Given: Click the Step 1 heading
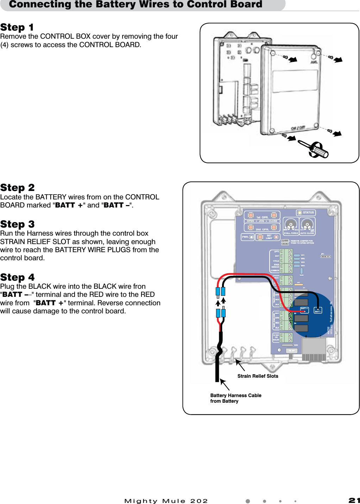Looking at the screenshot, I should tap(17, 27).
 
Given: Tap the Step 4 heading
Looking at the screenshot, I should tap(17, 277).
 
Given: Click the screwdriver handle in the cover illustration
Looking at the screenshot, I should tap(320, 151).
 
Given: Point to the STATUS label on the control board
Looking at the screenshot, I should tap(308, 212).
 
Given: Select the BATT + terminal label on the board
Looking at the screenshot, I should tap(304, 309).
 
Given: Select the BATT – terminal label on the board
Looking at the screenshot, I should tap(318, 311).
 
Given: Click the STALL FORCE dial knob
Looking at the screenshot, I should tap(291, 224).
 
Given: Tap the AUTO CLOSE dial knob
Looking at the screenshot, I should tap(307, 224).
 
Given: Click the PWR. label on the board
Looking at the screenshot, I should tap(245, 237).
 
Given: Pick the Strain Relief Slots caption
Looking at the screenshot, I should tap(258, 376).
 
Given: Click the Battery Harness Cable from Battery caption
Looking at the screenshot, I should tap(235, 398).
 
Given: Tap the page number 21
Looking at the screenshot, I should tap(354, 500).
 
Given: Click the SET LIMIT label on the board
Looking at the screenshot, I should tap(269, 237).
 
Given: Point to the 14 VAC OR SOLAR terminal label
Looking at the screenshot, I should tap(276, 338).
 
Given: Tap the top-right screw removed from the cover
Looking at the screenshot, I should tap(331, 57).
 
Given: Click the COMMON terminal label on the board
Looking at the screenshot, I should tap(275, 270).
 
